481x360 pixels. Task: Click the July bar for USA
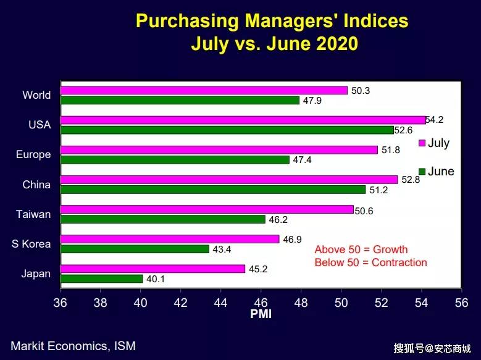coord(243,120)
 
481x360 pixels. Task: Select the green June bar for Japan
coord(101,278)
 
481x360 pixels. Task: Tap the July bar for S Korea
coord(170,238)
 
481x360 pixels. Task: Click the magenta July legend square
coord(422,143)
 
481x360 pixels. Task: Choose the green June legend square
coord(422,171)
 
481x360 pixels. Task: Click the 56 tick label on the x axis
coord(461,303)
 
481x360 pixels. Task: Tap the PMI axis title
coord(260,314)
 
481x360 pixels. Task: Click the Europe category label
coord(33,154)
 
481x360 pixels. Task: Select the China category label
coord(36,184)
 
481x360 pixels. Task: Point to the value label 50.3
coord(361,91)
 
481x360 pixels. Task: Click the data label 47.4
coord(302,160)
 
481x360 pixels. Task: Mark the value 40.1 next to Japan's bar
coord(156,279)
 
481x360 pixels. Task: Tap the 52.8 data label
coord(411,180)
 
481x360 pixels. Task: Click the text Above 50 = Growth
coord(361,249)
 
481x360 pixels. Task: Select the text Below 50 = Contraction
coord(370,262)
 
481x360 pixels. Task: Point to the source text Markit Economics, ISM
coord(73,346)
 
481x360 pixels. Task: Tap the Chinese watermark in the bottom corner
coord(432,348)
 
